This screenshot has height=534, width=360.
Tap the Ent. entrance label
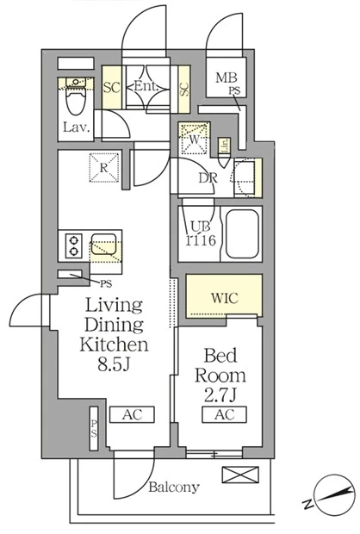coord(146,86)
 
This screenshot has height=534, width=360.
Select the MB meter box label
coord(227,78)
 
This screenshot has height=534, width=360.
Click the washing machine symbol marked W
coord(194,139)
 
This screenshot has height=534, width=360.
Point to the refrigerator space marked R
coord(104,168)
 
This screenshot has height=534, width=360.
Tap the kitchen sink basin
coord(104,245)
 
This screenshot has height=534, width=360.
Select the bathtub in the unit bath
coord(242,234)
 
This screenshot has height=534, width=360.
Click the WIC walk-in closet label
coord(225,298)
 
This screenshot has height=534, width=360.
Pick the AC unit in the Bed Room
coord(225,414)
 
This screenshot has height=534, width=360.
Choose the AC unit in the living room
coord(132,414)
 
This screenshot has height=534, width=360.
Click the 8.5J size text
coord(114,363)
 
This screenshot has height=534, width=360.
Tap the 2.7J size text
coord(220,394)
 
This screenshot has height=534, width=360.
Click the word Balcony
coord(174,487)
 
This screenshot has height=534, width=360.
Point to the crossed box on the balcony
coord(240,475)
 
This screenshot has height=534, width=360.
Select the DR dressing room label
coord(208,178)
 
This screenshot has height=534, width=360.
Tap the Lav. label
coord(77,127)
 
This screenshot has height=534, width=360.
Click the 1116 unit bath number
coord(201,240)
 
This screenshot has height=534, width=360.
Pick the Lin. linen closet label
coord(225,146)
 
